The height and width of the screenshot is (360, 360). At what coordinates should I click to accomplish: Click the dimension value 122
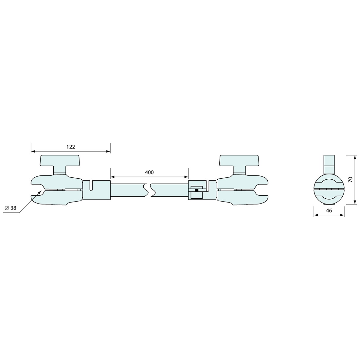click(71, 147)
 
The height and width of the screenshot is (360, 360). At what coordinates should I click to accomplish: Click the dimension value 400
click(149, 172)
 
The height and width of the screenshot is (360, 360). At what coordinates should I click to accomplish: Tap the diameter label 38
click(13, 208)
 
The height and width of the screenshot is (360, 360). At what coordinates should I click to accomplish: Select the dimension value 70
click(351, 180)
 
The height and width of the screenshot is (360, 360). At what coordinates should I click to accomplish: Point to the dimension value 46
click(329, 210)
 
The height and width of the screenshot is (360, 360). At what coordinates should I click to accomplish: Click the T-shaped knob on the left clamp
click(60, 164)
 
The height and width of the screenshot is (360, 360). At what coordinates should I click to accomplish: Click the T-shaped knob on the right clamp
click(239, 164)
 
